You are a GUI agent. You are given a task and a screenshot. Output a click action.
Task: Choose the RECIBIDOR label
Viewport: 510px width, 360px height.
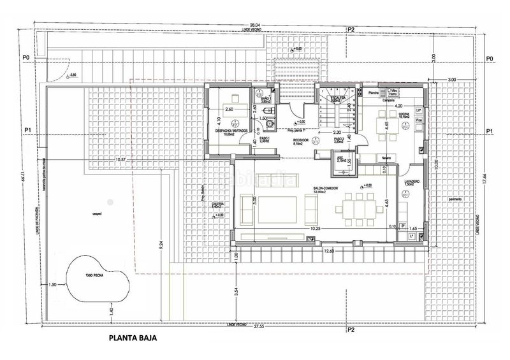pyautogui.click(x=301, y=140)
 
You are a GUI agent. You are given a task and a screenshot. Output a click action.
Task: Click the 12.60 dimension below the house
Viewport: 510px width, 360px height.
pyautogui.click(x=328, y=251)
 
